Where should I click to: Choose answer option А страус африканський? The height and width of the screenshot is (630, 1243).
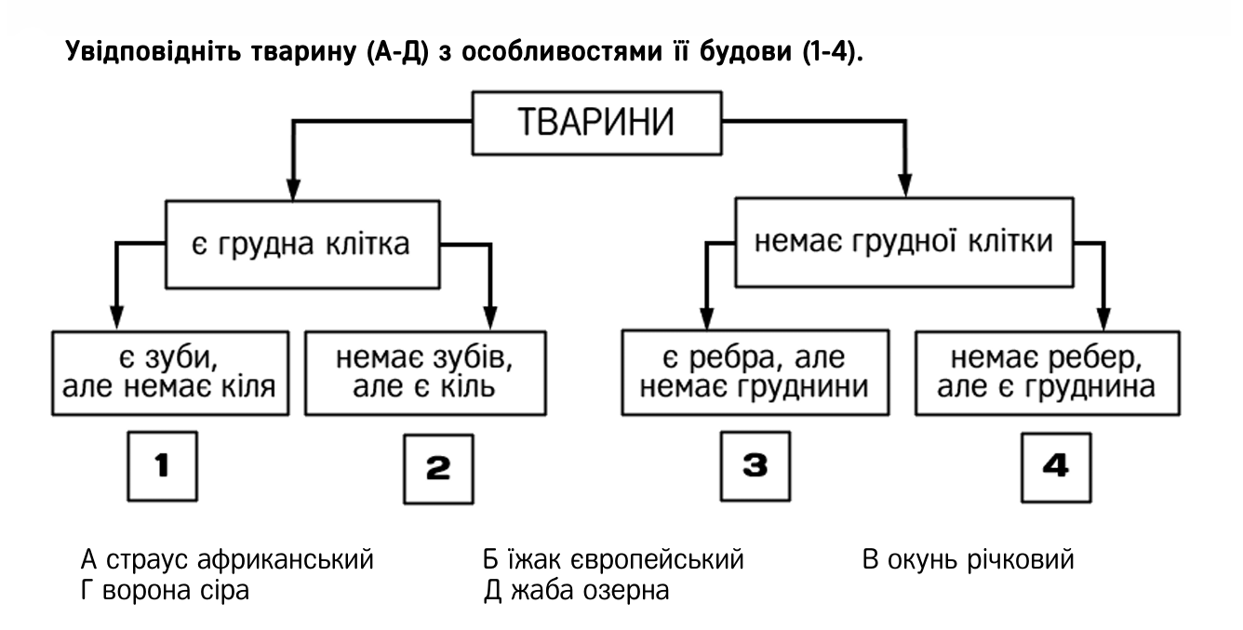227,559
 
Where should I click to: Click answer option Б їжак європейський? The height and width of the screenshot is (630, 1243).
613,559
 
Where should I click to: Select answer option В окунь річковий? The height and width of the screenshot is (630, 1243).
969,559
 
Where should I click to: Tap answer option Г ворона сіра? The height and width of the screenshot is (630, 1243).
165,590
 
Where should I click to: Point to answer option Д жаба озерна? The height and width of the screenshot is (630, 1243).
576,590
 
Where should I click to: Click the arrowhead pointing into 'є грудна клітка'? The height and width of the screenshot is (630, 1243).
294,189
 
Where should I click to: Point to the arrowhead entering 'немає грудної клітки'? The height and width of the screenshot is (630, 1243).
905,186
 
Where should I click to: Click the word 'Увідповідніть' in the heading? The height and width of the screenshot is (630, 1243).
154,51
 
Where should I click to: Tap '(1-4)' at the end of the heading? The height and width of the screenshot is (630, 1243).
833,51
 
